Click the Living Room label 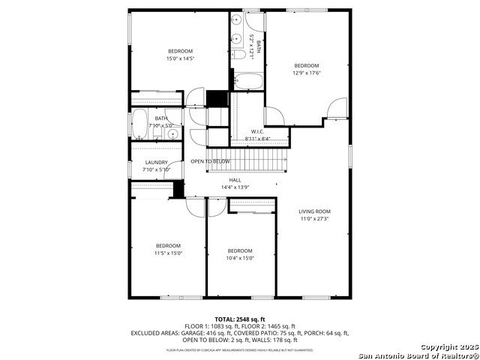tap(314, 211)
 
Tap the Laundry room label tap(157, 162)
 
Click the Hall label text tap(235, 180)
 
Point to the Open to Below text tap(210, 161)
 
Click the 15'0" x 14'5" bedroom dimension tap(180, 58)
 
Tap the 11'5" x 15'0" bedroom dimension tap(168, 253)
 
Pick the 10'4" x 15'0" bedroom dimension tap(240, 258)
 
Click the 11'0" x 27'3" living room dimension tap(314, 219)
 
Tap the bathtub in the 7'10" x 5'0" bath tap(139, 124)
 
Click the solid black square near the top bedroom tap(217, 99)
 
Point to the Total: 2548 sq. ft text tap(240, 319)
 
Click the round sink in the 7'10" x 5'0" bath tap(172, 135)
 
